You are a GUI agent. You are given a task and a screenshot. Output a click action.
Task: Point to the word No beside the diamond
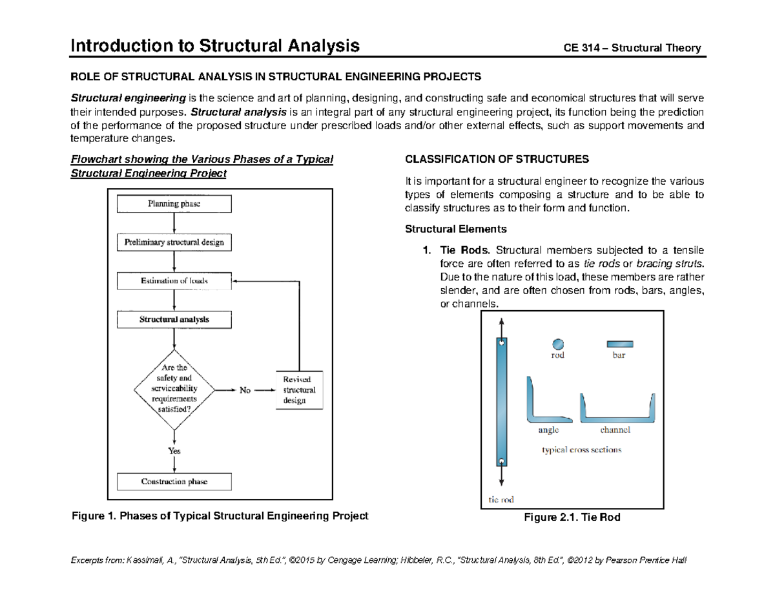point(245,390)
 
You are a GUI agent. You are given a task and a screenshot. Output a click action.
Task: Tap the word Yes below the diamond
point(174,451)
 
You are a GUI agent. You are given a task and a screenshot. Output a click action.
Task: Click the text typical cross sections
point(581,450)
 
